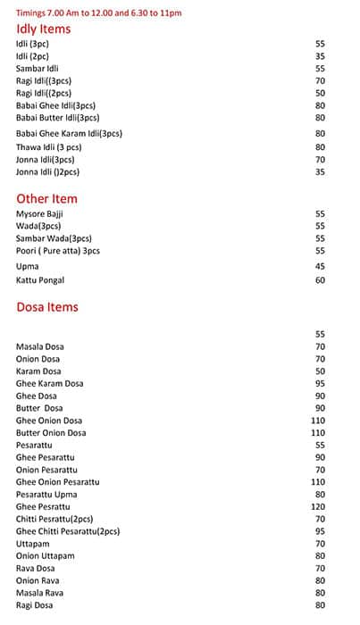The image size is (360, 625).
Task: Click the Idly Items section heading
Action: (x=43, y=29)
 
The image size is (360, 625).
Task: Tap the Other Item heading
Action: (x=46, y=198)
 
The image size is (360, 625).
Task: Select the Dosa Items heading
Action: (x=47, y=306)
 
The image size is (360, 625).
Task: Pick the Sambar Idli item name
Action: (x=37, y=68)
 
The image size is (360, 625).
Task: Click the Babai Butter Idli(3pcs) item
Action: (x=57, y=118)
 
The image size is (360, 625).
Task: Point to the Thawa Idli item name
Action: (x=48, y=146)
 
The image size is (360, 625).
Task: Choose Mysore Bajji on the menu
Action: (x=39, y=214)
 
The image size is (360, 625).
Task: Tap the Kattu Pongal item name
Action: (x=40, y=280)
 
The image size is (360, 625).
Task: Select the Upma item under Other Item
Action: (x=27, y=266)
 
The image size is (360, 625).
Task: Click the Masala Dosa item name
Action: (x=40, y=346)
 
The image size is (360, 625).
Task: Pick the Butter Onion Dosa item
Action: (x=51, y=432)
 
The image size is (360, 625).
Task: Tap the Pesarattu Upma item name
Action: (x=47, y=494)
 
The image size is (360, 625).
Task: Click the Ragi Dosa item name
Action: (x=35, y=605)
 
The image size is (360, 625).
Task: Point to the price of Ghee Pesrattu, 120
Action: (x=318, y=506)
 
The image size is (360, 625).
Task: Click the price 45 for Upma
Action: (x=320, y=266)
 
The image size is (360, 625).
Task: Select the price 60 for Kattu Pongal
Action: (x=320, y=280)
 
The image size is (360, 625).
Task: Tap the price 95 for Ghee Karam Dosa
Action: (x=320, y=383)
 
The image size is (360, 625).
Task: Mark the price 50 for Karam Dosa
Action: (x=320, y=371)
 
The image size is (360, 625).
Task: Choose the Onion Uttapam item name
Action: (x=45, y=555)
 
